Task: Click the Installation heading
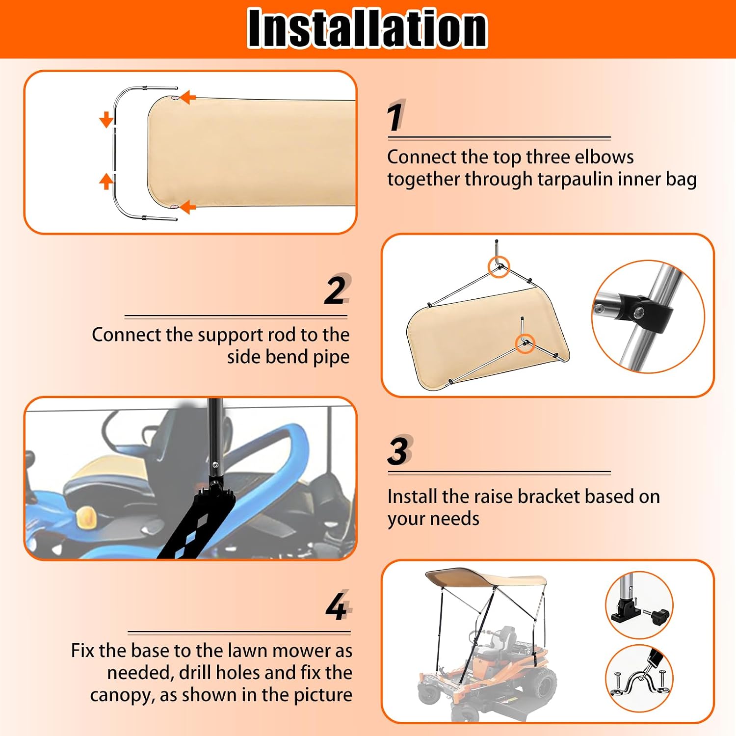368,28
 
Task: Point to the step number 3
398,451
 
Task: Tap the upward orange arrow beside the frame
106,181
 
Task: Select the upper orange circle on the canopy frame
499,267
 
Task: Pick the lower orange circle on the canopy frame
525,343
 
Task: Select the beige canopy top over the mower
486,579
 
